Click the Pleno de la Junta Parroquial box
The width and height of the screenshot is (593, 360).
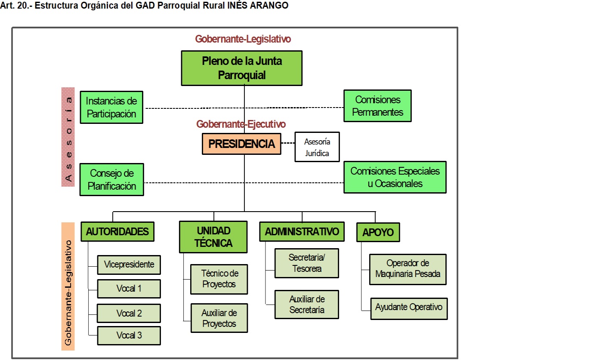click(x=241, y=68)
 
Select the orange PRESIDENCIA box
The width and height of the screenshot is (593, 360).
click(x=241, y=144)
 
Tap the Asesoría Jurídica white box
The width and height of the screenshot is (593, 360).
click(x=317, y=147)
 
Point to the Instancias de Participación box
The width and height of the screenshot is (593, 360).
click(x=111, y=107)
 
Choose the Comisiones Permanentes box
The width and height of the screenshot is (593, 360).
click(x=377, y=106)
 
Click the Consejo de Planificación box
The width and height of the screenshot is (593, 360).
click(x=112, y=180)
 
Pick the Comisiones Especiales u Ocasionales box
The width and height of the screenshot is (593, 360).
click(x=395, y=177)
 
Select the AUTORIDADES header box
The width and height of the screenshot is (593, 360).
click(x=117, y=232)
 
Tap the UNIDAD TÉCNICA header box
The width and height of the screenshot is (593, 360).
click(x=213, y=237)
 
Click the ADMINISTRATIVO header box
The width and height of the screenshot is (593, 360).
click(x=302, y=232)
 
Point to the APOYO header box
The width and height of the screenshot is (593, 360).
click(x=378, y=233)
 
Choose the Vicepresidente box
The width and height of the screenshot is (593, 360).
click(x=129, y=265)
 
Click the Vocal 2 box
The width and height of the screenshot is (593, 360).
click(x=129, y=313)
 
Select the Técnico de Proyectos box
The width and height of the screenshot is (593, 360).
click(x=219, y=279)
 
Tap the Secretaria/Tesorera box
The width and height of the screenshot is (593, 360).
click(x=307, y=263)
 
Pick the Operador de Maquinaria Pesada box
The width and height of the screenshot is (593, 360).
click(x=408, y=269)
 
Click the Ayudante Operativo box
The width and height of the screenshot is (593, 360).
click(x=408, y=308)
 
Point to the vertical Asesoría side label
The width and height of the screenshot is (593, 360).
click(x=68, y=137)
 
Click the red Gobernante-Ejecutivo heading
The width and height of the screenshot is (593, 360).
click(x=241, y=124)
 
